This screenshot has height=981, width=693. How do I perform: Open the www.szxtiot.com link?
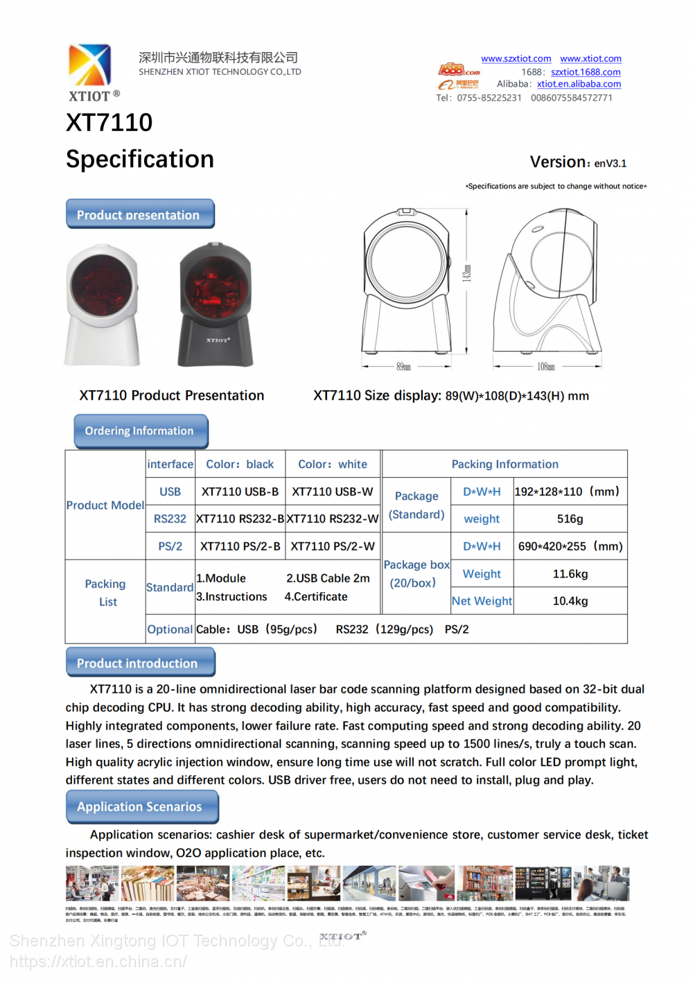pyautogui.click(x=516, y=59)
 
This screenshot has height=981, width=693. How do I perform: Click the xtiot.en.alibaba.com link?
pyautogui.click(x=579, y=84)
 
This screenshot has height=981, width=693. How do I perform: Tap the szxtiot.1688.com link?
pyautogui.click(x=586, y=72)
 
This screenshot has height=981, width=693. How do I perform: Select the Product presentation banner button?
pyautogui.click(x=140, y=214)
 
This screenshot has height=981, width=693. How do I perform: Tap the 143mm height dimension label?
pyautogui.click(x=467, y=273)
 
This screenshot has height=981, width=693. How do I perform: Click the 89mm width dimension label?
pyautogui.click(x=403, y=366)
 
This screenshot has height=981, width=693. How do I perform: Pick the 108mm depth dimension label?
pyautogui.click(x=546, y=366)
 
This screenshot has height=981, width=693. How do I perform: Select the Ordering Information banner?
pyautogui.click(x=140, y=431)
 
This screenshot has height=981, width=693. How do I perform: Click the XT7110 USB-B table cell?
pyautogui.click(x=240, y=492)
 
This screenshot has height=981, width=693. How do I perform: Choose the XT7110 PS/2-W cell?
pyautogui.click(x=333, y=546)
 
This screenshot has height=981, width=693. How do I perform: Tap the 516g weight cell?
pyautogui.click(x=570, y=519)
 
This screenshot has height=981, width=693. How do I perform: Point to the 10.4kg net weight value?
pyautogui.click(x=570, y=601)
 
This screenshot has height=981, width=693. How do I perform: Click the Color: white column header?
pyautogui.click(x=333, y=465)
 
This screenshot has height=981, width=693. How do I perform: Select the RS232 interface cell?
pyautogui.click(x=170, y=519)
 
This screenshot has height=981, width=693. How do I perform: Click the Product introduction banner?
pyautogui.click(x=140, y=663)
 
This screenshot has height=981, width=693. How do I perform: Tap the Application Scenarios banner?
pyautogui.click(x=141, y=806)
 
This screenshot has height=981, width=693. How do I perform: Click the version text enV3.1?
pyautogui.click(x=610, y=164)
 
